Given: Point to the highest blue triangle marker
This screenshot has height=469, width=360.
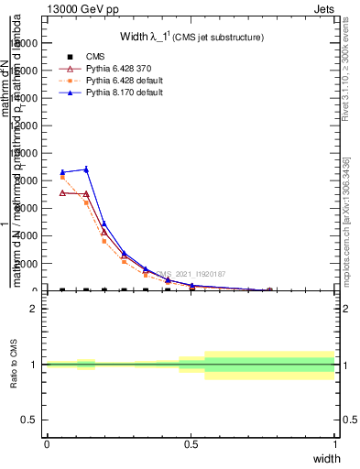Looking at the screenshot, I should tap(86, 169).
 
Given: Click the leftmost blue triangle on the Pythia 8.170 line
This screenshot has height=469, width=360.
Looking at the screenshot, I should tap(62, 172).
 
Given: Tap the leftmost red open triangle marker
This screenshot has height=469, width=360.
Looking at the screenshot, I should tap(62, 192).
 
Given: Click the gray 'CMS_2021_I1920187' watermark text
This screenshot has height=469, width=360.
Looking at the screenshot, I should tap(191, 273).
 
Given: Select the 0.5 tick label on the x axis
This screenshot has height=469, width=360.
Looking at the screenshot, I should tap(191, 444).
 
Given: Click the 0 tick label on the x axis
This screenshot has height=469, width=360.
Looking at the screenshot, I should tap(47, 444).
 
